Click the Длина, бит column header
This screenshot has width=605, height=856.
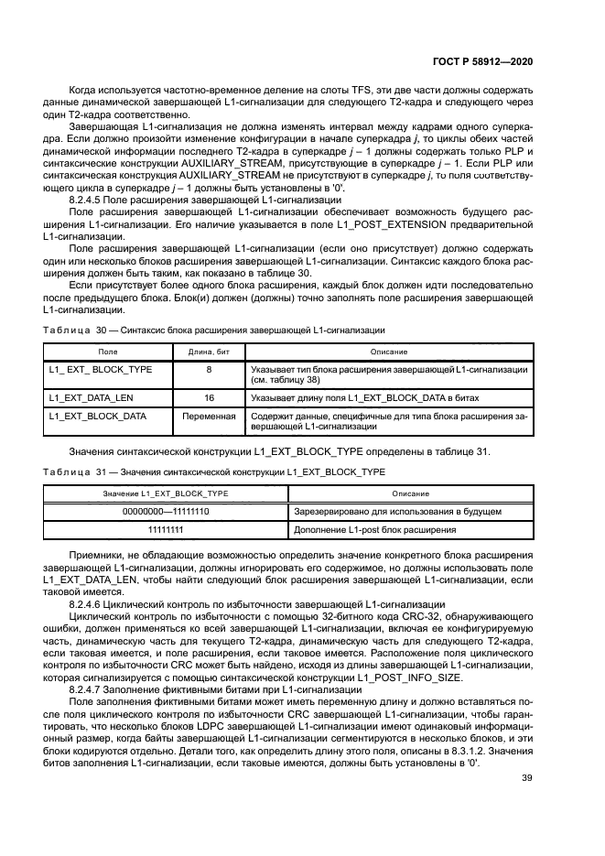pyautogui.click(x=209, y=352)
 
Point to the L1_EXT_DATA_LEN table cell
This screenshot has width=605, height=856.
pyautogui.click(x=89, y=398)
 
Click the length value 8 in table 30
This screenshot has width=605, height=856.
pyautogui.click(x=209, y=370)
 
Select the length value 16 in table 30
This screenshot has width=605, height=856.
pyautogui.click(x=209, y=398)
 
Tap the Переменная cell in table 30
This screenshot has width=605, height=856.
pyautogui.click(x=209, y=416)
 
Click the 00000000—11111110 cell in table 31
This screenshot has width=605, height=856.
pyautogui.click(x=166, y=511)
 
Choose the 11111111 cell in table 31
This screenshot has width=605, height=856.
pyautogui.click(x=166, y=529)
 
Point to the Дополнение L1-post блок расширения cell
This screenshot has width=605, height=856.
pyautogui.click(x=374, y=529)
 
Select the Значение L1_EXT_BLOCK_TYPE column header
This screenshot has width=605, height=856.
pyautogui.click(x=166, y=493)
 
